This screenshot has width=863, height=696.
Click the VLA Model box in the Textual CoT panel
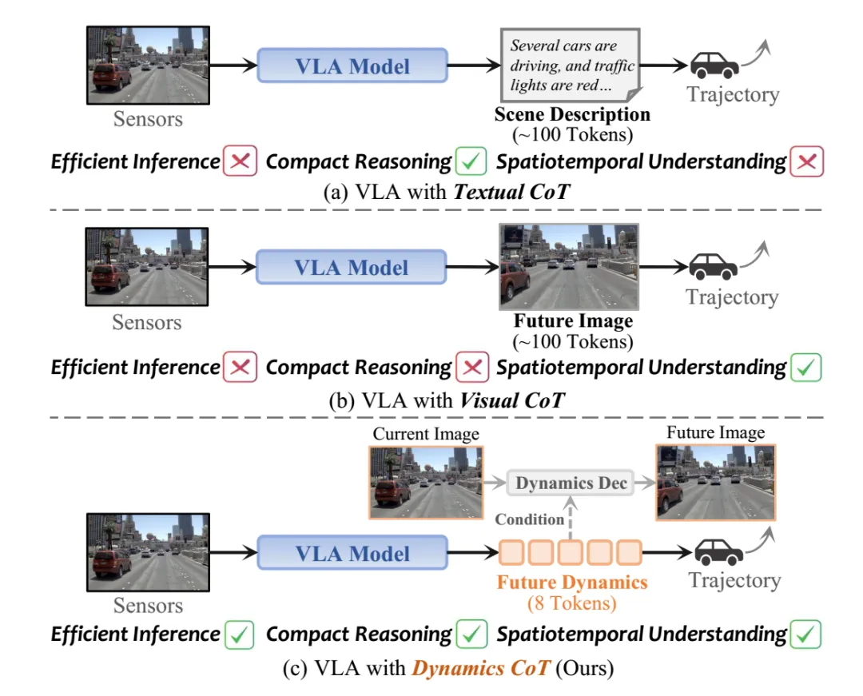[352, 66]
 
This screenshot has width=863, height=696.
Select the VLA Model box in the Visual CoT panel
[351, 267]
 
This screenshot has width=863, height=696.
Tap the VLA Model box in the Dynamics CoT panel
[352, 552]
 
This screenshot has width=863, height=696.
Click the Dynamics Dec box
[571, 483]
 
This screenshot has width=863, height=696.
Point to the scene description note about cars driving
[571, 65]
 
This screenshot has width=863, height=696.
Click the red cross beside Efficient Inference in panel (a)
[240, 161]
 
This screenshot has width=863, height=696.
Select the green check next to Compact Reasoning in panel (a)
[471, 161]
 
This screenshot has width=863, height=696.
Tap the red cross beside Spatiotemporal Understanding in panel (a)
[807, 161]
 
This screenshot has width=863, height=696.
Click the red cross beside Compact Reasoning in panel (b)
[472, 367]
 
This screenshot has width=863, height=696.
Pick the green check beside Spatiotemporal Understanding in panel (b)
[805, 368]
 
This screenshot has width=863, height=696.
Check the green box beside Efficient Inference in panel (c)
[240, 634]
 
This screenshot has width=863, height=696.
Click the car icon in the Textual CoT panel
[714, 66]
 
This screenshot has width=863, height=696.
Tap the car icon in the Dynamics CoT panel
[719, 552]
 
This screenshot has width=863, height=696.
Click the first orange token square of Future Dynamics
[511, 552]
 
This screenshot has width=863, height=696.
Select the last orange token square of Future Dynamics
[629, 552]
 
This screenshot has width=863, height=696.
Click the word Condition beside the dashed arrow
[530, 519]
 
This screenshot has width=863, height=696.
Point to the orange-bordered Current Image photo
[426, 483]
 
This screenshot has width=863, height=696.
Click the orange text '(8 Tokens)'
[572, 603]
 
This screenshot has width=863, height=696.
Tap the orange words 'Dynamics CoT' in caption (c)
[481, 668]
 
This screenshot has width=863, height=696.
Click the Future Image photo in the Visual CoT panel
[569, 266]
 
